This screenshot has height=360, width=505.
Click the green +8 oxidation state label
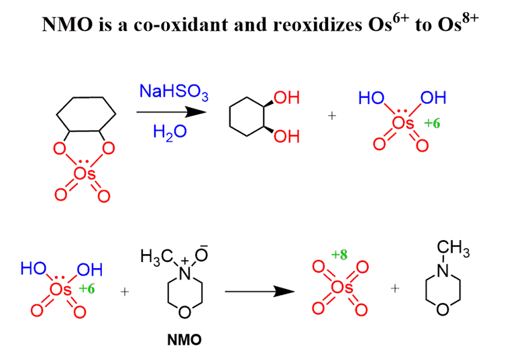point(339,254)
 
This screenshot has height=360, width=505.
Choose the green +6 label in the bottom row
point(88,289)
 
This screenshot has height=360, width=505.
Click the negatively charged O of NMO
point(202,255)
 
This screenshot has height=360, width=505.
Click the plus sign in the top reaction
point(331,115)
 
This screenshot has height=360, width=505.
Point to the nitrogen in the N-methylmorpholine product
point(442,272)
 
